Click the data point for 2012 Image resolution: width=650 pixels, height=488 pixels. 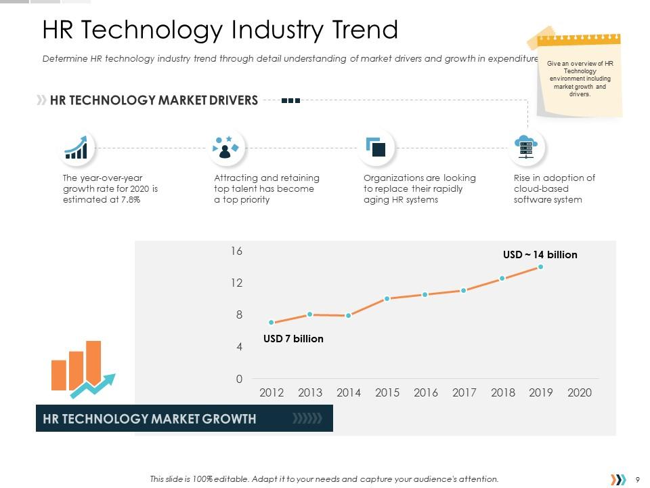click(272, 323)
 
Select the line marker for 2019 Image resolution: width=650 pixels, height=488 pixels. click(540, 267)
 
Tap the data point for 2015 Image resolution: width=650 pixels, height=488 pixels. click(387, 298)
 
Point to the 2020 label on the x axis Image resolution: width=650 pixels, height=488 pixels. click(579, 392)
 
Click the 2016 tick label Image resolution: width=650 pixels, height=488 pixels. click(425, 392)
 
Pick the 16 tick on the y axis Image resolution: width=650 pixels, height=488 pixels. click(236, 251)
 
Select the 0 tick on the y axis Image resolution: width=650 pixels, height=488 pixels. click(239, 380)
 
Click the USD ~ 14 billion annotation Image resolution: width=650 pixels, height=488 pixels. click(540, 255)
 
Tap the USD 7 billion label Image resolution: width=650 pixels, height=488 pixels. click(293, 338)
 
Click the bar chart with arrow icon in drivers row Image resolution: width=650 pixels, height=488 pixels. click(76, 147)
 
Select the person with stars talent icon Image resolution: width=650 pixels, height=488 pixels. click(226, 147)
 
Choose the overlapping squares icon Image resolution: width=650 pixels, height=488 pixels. click(376, 147)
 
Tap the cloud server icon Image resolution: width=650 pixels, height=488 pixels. click(526, 147)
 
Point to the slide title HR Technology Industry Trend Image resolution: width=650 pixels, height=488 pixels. click(220, 30)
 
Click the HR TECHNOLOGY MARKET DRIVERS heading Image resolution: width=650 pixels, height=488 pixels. click(154, 100)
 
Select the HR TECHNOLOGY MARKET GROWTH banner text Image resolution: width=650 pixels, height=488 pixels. click(150, 418)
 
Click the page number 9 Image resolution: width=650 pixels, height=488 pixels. click(638, 479)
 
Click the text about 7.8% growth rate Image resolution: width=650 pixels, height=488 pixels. click(110, 188)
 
